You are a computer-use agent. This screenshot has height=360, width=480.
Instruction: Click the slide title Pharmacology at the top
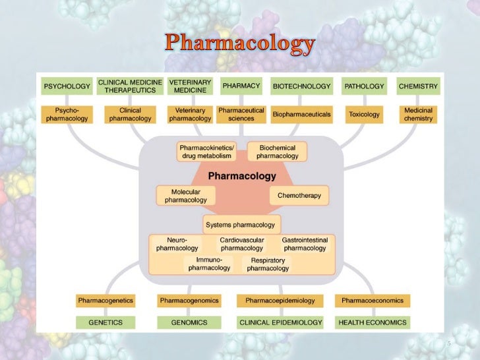click(239, 44)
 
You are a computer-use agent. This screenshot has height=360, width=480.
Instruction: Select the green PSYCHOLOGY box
click(66, 86)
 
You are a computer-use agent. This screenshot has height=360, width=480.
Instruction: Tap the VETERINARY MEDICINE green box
click(190, 86)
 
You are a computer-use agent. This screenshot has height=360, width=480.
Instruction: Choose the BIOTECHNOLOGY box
click(301, 86)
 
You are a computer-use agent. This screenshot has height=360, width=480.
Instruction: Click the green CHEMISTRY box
click(418, 86)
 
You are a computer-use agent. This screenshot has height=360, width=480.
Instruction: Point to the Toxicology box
click(364, 114)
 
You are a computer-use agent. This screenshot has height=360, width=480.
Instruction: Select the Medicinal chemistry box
click(418, 114)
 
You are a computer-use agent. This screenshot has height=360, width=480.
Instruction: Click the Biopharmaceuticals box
click(301, 114)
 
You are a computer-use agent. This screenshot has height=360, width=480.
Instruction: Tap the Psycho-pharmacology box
click(66, 114)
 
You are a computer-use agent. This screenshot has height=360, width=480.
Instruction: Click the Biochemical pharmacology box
click(278, 152)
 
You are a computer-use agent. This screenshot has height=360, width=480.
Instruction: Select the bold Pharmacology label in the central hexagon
click(242, 176)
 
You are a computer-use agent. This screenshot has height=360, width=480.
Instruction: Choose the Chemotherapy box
click(299, 196)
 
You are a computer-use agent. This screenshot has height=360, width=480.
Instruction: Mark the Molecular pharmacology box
click(185, 196)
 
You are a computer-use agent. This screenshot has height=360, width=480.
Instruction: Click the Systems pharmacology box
click(241, 225)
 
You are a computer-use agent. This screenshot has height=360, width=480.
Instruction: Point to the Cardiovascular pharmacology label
click(242, 245)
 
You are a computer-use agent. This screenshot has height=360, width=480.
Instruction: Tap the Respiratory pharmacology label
click(268, 264)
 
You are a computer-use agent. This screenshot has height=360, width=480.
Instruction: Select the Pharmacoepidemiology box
click(280, 301)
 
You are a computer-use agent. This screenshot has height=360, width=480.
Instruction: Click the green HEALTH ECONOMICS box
click(373, 322)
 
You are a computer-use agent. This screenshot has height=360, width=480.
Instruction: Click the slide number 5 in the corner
click(448, 344)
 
